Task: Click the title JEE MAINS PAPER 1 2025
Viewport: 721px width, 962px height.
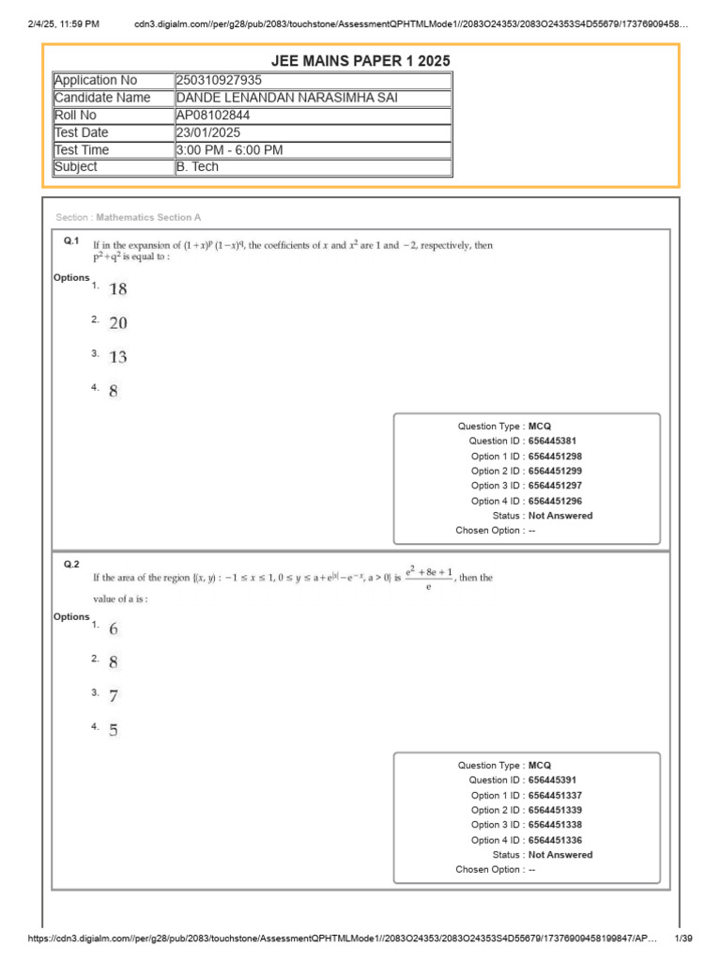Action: (x=360, y=61)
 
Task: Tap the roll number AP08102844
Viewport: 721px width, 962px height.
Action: (x=213, y=116)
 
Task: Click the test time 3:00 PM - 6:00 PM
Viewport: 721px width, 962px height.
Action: (x=229, y=150)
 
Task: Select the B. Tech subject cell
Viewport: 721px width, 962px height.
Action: (x=196, y=167)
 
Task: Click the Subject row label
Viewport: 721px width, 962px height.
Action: (x=76, y=167)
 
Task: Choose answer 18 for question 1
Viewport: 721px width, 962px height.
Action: (x=117, y=289)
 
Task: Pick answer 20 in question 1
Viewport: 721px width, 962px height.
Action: (x=117, y=323)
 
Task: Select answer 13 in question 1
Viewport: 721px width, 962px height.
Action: (x=117, y=357)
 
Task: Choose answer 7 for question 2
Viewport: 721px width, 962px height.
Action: (x=114, y=696)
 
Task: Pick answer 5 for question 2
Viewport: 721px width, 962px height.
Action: (x=114, y=730)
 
